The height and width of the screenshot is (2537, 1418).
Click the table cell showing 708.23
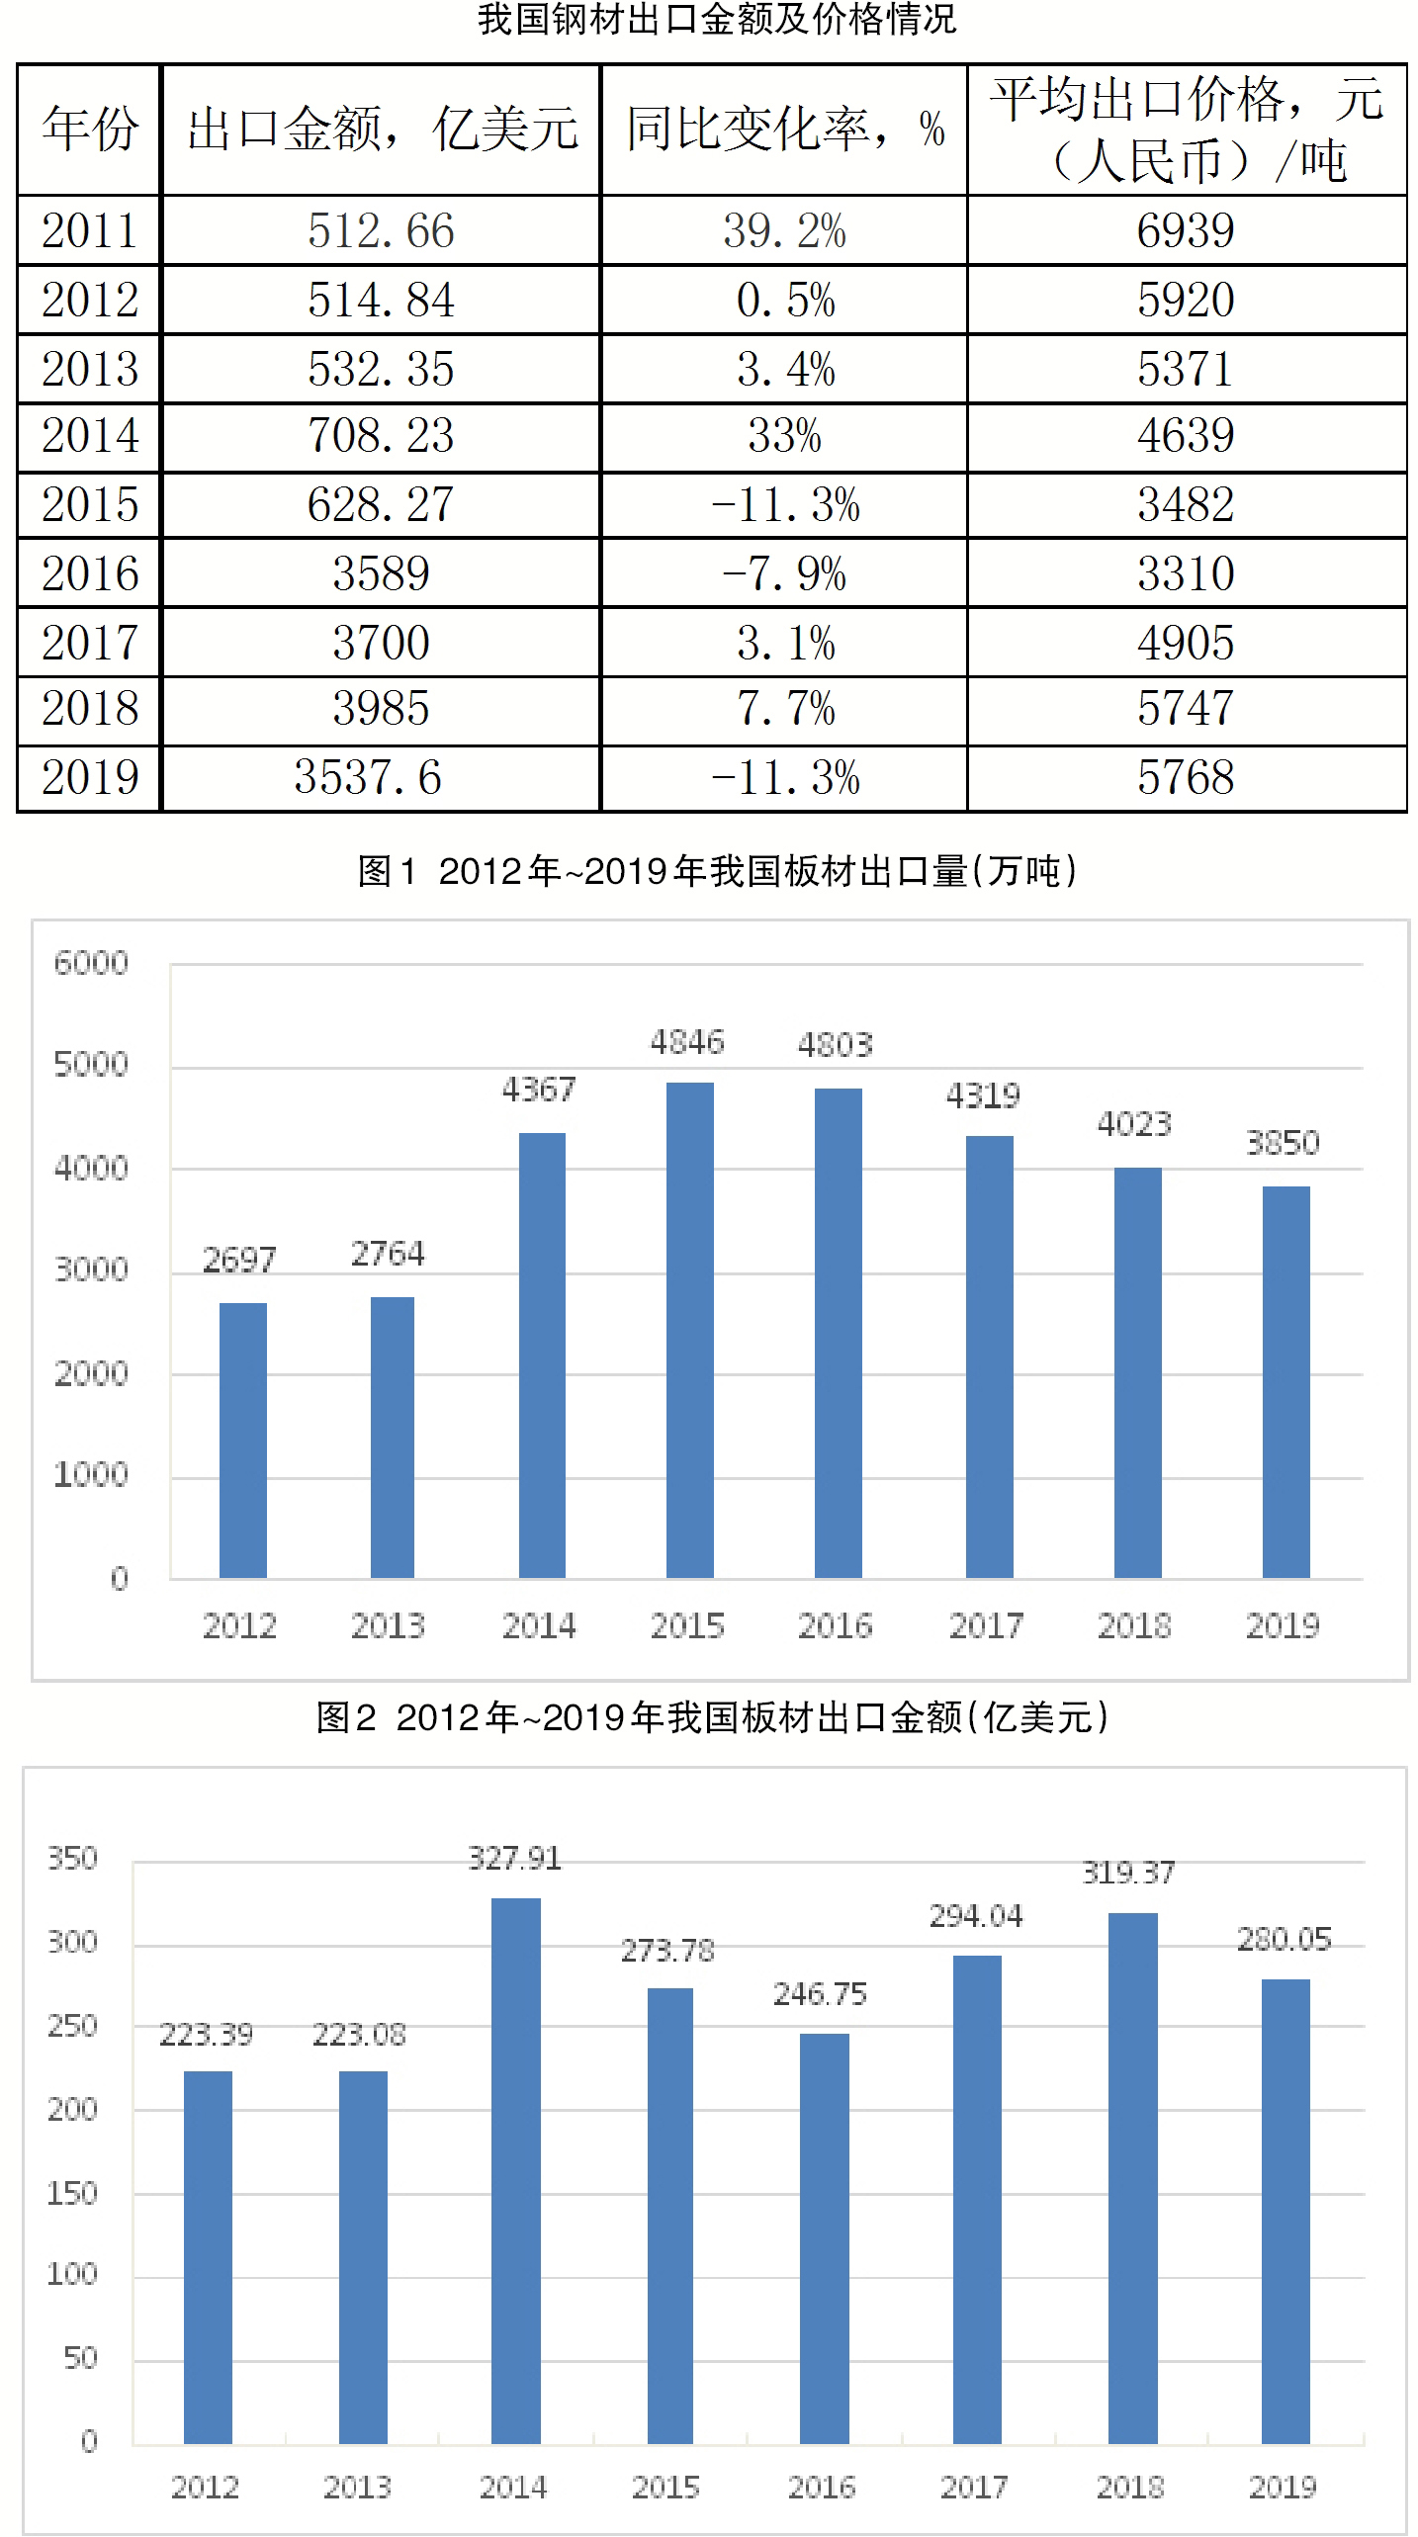point(381,436)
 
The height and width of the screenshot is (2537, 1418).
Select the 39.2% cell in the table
point(784,231)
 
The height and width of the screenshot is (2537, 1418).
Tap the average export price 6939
point(1186,231)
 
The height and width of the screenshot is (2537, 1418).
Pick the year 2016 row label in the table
point(89,573)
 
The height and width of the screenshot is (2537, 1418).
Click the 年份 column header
point(89,130)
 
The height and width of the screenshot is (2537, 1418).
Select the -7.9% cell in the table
point(784,574)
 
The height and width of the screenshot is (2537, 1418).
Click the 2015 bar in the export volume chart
point(689,1329)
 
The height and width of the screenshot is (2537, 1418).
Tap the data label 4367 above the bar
point(538,1090)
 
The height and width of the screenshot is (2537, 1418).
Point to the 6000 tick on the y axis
point(91,963)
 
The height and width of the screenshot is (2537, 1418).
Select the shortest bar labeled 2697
point(242,1440)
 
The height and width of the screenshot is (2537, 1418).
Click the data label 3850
point(1283,1143)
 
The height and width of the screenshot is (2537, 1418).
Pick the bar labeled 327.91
point(515,2169)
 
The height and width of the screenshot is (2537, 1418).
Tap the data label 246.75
point(820,1994)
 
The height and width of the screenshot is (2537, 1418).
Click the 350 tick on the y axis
point(73,1858)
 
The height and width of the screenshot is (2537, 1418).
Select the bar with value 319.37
point(1132,2177)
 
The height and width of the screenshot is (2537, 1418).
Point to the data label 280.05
point(1284,1939)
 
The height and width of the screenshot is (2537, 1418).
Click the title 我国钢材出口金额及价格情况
point(717,20)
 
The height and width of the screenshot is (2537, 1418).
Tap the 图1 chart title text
point(717,871)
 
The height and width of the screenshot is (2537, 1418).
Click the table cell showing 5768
point(1186,778)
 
